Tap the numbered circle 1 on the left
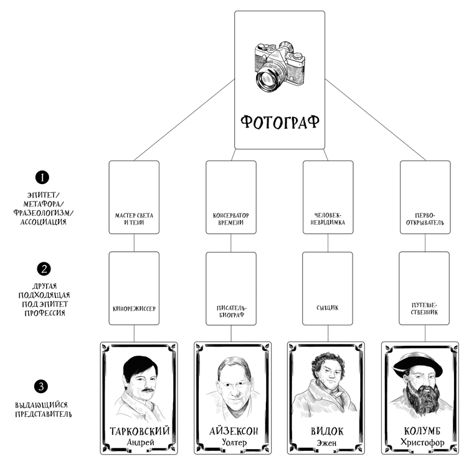coord(41,177)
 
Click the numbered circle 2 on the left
coord(41,269)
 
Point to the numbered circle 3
coord(41,386)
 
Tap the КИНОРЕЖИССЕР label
coord(134,307)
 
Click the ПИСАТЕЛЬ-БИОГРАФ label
coord(231,310)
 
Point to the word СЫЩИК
coord(328,307)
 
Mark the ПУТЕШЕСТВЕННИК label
coord(425,310)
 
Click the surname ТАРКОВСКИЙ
coord(139,432)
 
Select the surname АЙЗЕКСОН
coord(232,432)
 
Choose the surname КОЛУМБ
coord(420,430)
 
